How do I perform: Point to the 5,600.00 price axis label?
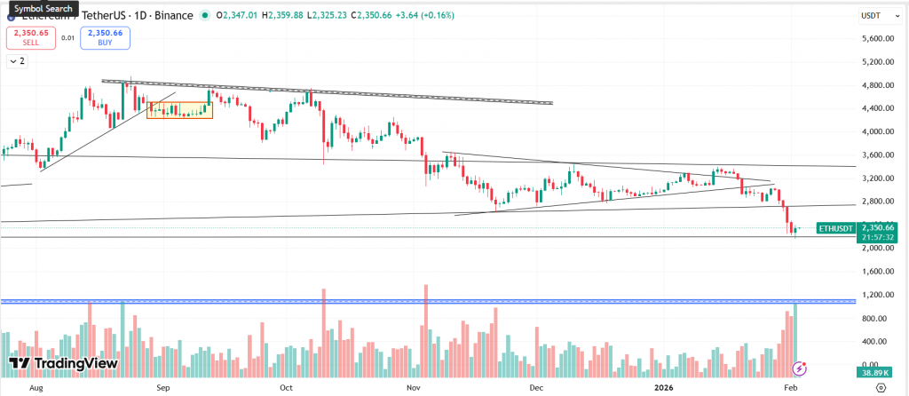(x=877, y=39)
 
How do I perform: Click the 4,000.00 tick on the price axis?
(x=877, y=131)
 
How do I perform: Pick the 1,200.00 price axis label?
(x=877, y=295)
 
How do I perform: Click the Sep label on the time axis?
(x=162, y=388)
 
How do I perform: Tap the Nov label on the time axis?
(x=412, y=388)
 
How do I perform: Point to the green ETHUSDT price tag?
(x=834, y=228)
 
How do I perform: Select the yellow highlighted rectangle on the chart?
(x=179, y=110)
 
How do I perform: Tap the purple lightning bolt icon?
(x=801, y=368)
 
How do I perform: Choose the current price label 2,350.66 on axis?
(x=877, y=226)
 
